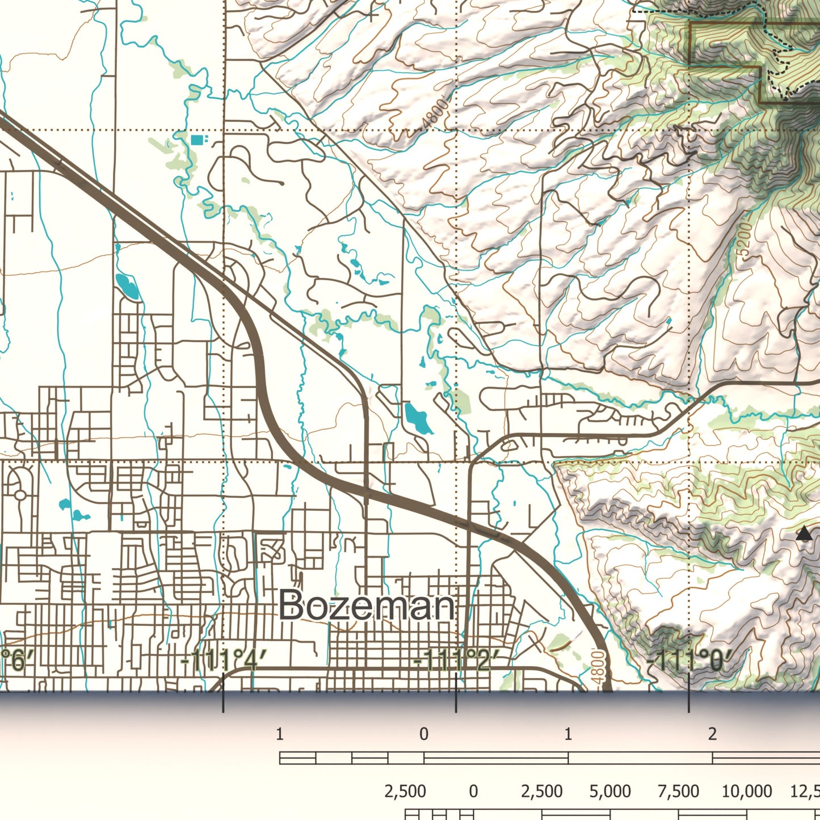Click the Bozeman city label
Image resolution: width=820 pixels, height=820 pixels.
tap(367, 606)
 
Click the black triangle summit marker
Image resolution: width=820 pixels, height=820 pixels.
tap(804, 533)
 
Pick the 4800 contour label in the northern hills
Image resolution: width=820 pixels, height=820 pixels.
tap(435, 115)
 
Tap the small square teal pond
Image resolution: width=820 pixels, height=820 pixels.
tap(196, 140)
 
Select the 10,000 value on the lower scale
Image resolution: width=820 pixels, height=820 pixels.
tap(746, 791)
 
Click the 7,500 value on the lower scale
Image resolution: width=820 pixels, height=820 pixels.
tap(678, 791)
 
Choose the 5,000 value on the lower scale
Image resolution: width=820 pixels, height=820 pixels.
tap(610, 791)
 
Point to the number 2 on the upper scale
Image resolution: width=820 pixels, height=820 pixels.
tap(712, 734)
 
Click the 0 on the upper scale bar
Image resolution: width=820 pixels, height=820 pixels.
tap(424, 734)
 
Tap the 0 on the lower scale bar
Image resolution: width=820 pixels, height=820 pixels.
tap(473, 791)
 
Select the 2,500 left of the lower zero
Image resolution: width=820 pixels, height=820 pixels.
tap(405, 791)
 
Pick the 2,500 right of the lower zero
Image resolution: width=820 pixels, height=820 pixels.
tap(542, 791)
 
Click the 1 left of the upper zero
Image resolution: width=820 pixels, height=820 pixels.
tap(279, 734)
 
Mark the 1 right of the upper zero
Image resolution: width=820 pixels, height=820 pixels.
tap(568, 734)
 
